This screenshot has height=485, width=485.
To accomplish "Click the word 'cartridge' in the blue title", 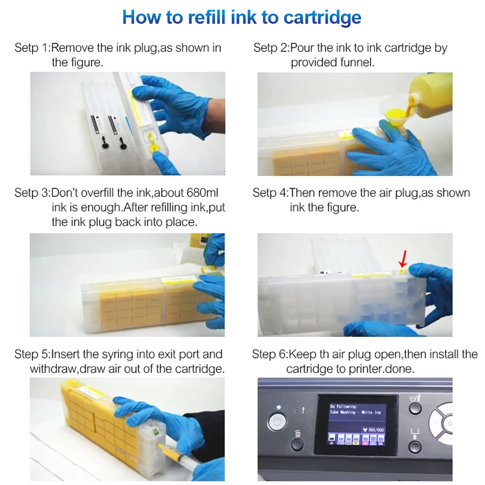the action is coord(323,17).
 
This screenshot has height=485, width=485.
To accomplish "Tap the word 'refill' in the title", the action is coord(207,17).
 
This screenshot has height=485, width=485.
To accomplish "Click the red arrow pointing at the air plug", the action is coord(403,259).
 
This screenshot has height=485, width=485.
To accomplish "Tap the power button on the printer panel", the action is coord(277,422).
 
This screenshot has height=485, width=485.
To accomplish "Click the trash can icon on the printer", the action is coord(298,433).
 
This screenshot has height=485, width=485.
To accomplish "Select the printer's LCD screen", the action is coord(356,425).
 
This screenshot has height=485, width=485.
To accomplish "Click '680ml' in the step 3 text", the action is coord(202,193).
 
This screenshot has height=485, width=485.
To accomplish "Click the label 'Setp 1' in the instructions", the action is coord(32,48).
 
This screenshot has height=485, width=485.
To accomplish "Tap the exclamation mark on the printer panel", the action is coord(303,410).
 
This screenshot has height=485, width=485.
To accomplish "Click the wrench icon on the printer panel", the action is coord(415,398).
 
